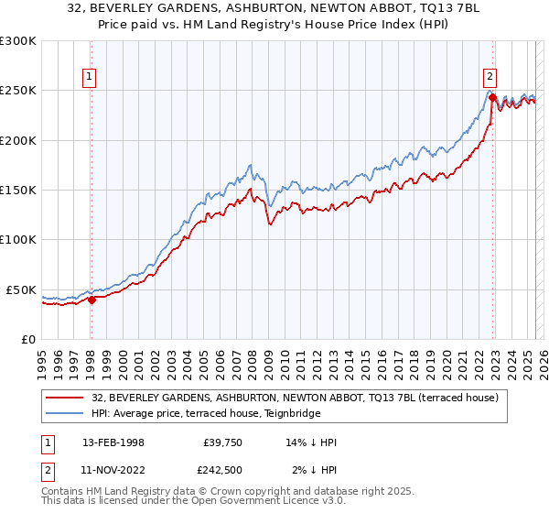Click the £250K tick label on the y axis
coord(18,91)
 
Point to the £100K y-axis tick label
coord(18,239)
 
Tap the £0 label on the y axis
coord(28,339)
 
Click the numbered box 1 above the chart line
coord(91,78)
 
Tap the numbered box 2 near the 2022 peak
coord(490,78)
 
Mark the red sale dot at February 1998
coord(91,299)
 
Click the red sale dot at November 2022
coord(492,97)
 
